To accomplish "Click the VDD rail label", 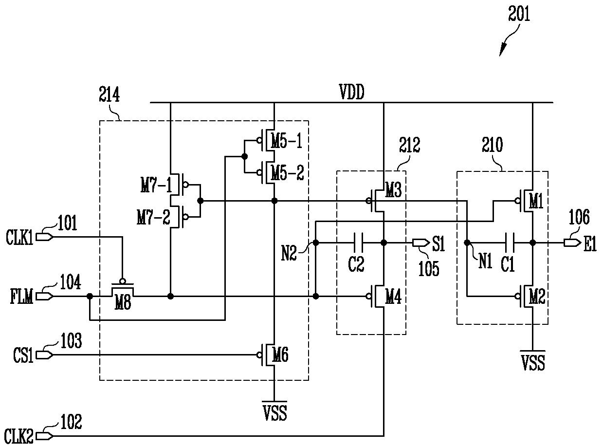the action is pyautogui.click(x=352, y=92).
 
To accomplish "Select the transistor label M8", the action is pyautogui.click(x=123, y=302).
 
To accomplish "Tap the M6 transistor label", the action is pyautogui.click(x=280, y=355).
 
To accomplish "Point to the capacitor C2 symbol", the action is pyautogui.click(x=359, y=243).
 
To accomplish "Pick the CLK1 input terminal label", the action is pyautogui.click(x=19, y=238).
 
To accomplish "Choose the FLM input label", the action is pyautogui.click(x=21, y=297).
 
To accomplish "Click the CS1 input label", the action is pyautogui.click(x=23, y=355).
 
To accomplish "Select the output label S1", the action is pyautogui.click(x=438, y=243).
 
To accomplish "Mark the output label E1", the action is pyautogui.click(x=590, y=243).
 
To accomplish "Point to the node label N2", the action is pyautogui.click(x=289, y=254).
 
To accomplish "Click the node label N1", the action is pyautogui.click(x=486, y=261).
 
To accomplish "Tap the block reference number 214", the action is pyautogui.click(x=109, y=94).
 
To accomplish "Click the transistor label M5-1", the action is pyautogui.click(x=287, y=141).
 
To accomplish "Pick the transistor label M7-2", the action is pyautogui.click(x=153, y=217).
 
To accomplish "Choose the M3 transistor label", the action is pyautogui.click(x=393, y=190).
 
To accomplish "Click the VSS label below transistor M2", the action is pyautogui.click(x=533, y=363).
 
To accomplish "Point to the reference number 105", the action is pyautogui.click(x=429, y=269).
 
